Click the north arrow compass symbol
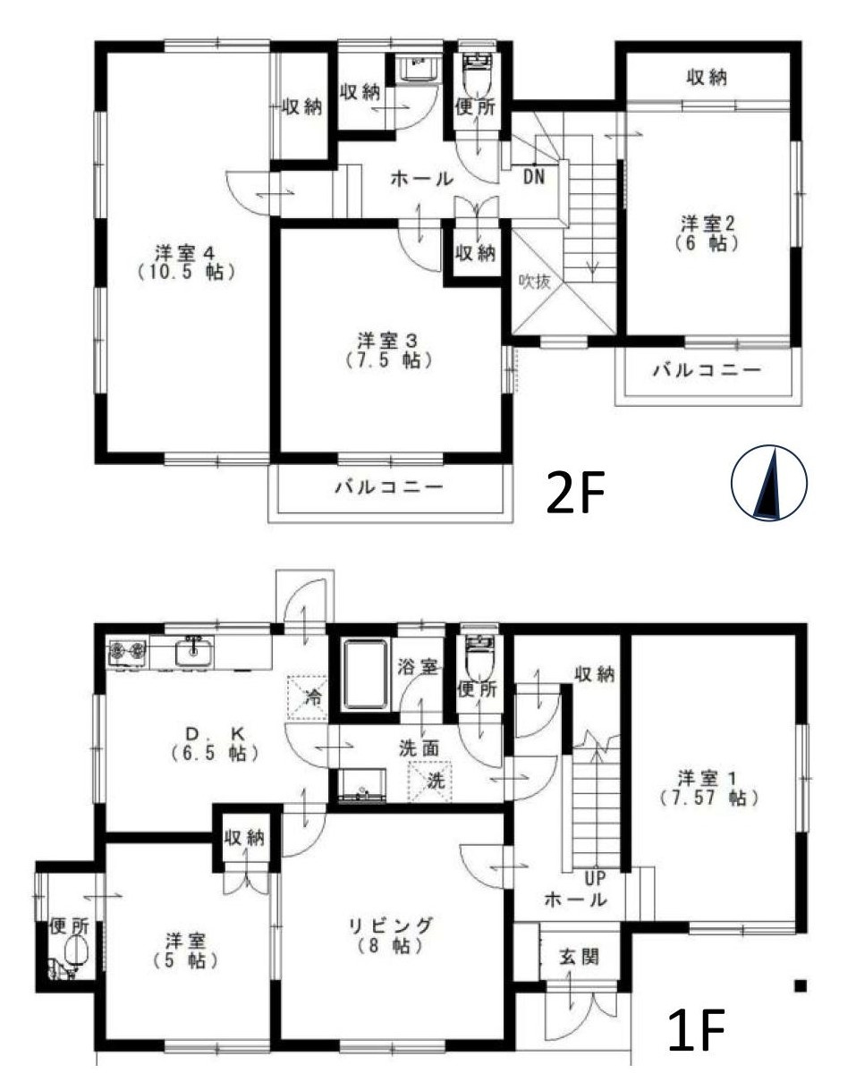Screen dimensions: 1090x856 tap(769, 484)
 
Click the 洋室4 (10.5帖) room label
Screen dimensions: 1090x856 tap(187, 261)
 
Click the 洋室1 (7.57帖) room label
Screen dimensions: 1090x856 tap(709, 787)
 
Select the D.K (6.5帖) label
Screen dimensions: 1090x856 tap(215, 743)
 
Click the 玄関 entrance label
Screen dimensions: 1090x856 tap(579, 957)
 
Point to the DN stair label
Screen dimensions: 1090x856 tap(534, 177)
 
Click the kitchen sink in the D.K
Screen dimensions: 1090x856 tap(192, 654)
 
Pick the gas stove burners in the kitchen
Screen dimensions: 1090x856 tap(127, 654)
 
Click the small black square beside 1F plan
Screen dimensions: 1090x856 tap(801, 985)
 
